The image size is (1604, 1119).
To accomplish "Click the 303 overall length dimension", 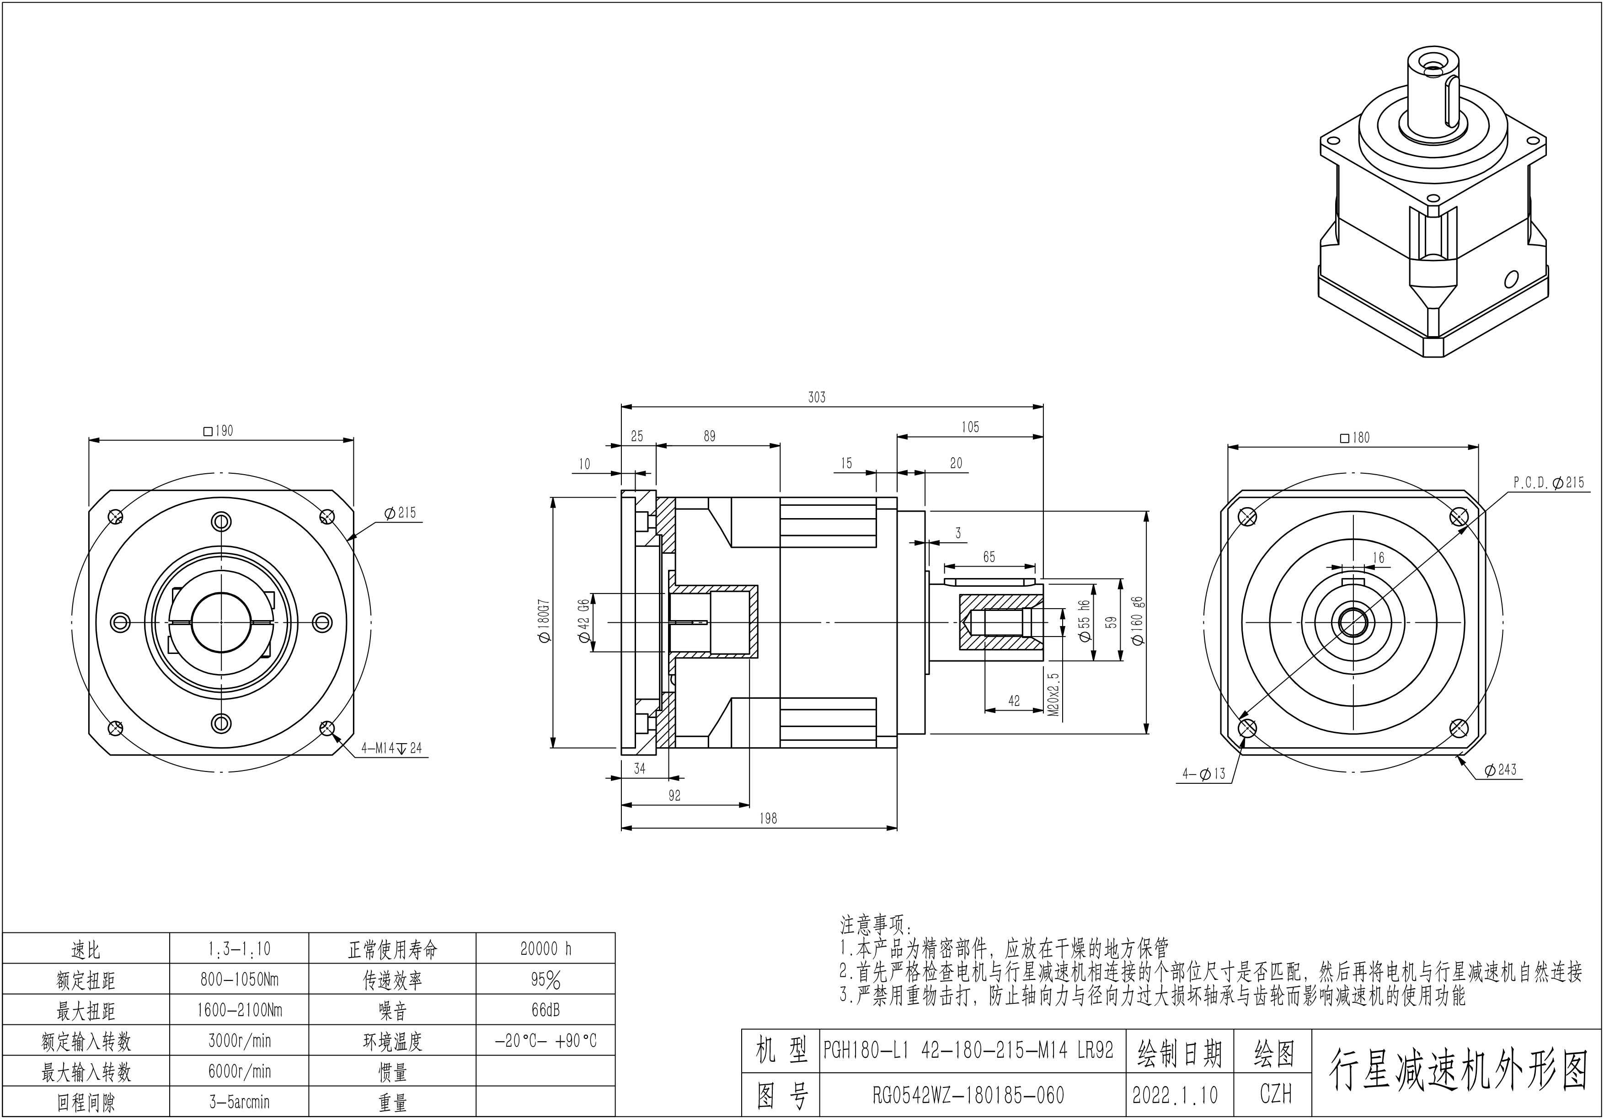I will [x=817, y=397].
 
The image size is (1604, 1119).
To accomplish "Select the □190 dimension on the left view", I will [x=219, y=431].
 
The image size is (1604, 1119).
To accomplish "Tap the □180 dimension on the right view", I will [x=1355, y=438].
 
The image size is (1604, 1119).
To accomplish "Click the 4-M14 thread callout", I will [x=391, y=748].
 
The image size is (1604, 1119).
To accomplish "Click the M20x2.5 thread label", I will [x=1054, y=696].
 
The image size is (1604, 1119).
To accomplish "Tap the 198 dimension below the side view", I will [x=768, y=819].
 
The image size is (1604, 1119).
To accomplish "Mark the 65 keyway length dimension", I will [x=989, y=557].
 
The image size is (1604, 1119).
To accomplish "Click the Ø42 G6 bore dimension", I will [x=584, y=621].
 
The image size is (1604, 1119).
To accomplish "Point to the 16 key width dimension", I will [x=1378, y=557].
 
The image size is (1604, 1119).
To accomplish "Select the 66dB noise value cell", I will [x=545, y=1010].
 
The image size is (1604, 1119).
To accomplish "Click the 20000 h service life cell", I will [x=545, y=948].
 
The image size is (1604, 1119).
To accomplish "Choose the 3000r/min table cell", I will [x=239, y=1041].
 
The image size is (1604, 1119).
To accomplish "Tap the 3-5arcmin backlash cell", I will [x=239, y=1102].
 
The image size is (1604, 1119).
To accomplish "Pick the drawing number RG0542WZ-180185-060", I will [x=968, y=1095].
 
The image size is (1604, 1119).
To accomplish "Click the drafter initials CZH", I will [x=1276, y=1095].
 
